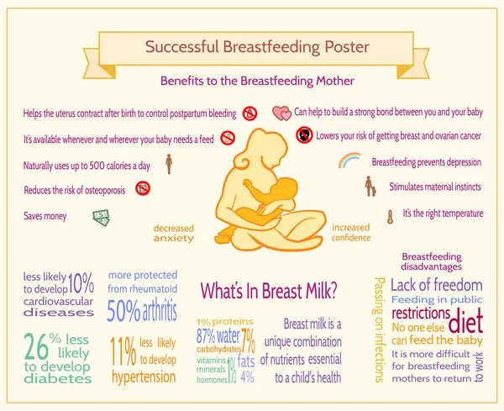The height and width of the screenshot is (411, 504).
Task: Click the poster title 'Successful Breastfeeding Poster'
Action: click(251, 47)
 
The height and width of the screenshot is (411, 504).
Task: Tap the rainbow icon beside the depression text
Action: click(349, 160)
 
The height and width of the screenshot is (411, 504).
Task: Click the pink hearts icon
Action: click(281, 113)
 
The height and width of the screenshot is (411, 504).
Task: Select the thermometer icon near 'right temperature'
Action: click(390, 216)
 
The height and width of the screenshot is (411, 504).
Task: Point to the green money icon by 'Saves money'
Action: click(100, 218)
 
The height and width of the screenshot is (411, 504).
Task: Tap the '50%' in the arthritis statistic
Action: click(123, 312)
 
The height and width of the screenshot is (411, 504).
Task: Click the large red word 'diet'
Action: click(465, 323)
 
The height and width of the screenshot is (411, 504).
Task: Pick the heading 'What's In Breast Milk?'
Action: click(269, 291)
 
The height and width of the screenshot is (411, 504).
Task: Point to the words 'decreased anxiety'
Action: click(173, 233)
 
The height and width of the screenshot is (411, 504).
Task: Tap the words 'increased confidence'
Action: click(350, 233)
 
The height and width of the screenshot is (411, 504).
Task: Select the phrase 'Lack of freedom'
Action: click(437, 285)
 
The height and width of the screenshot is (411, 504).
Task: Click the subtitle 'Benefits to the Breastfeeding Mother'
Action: click(257, 82)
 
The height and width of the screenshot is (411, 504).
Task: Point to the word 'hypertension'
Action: click(143, 377)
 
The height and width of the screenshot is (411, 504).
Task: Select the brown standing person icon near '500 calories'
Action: click(169, 163)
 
